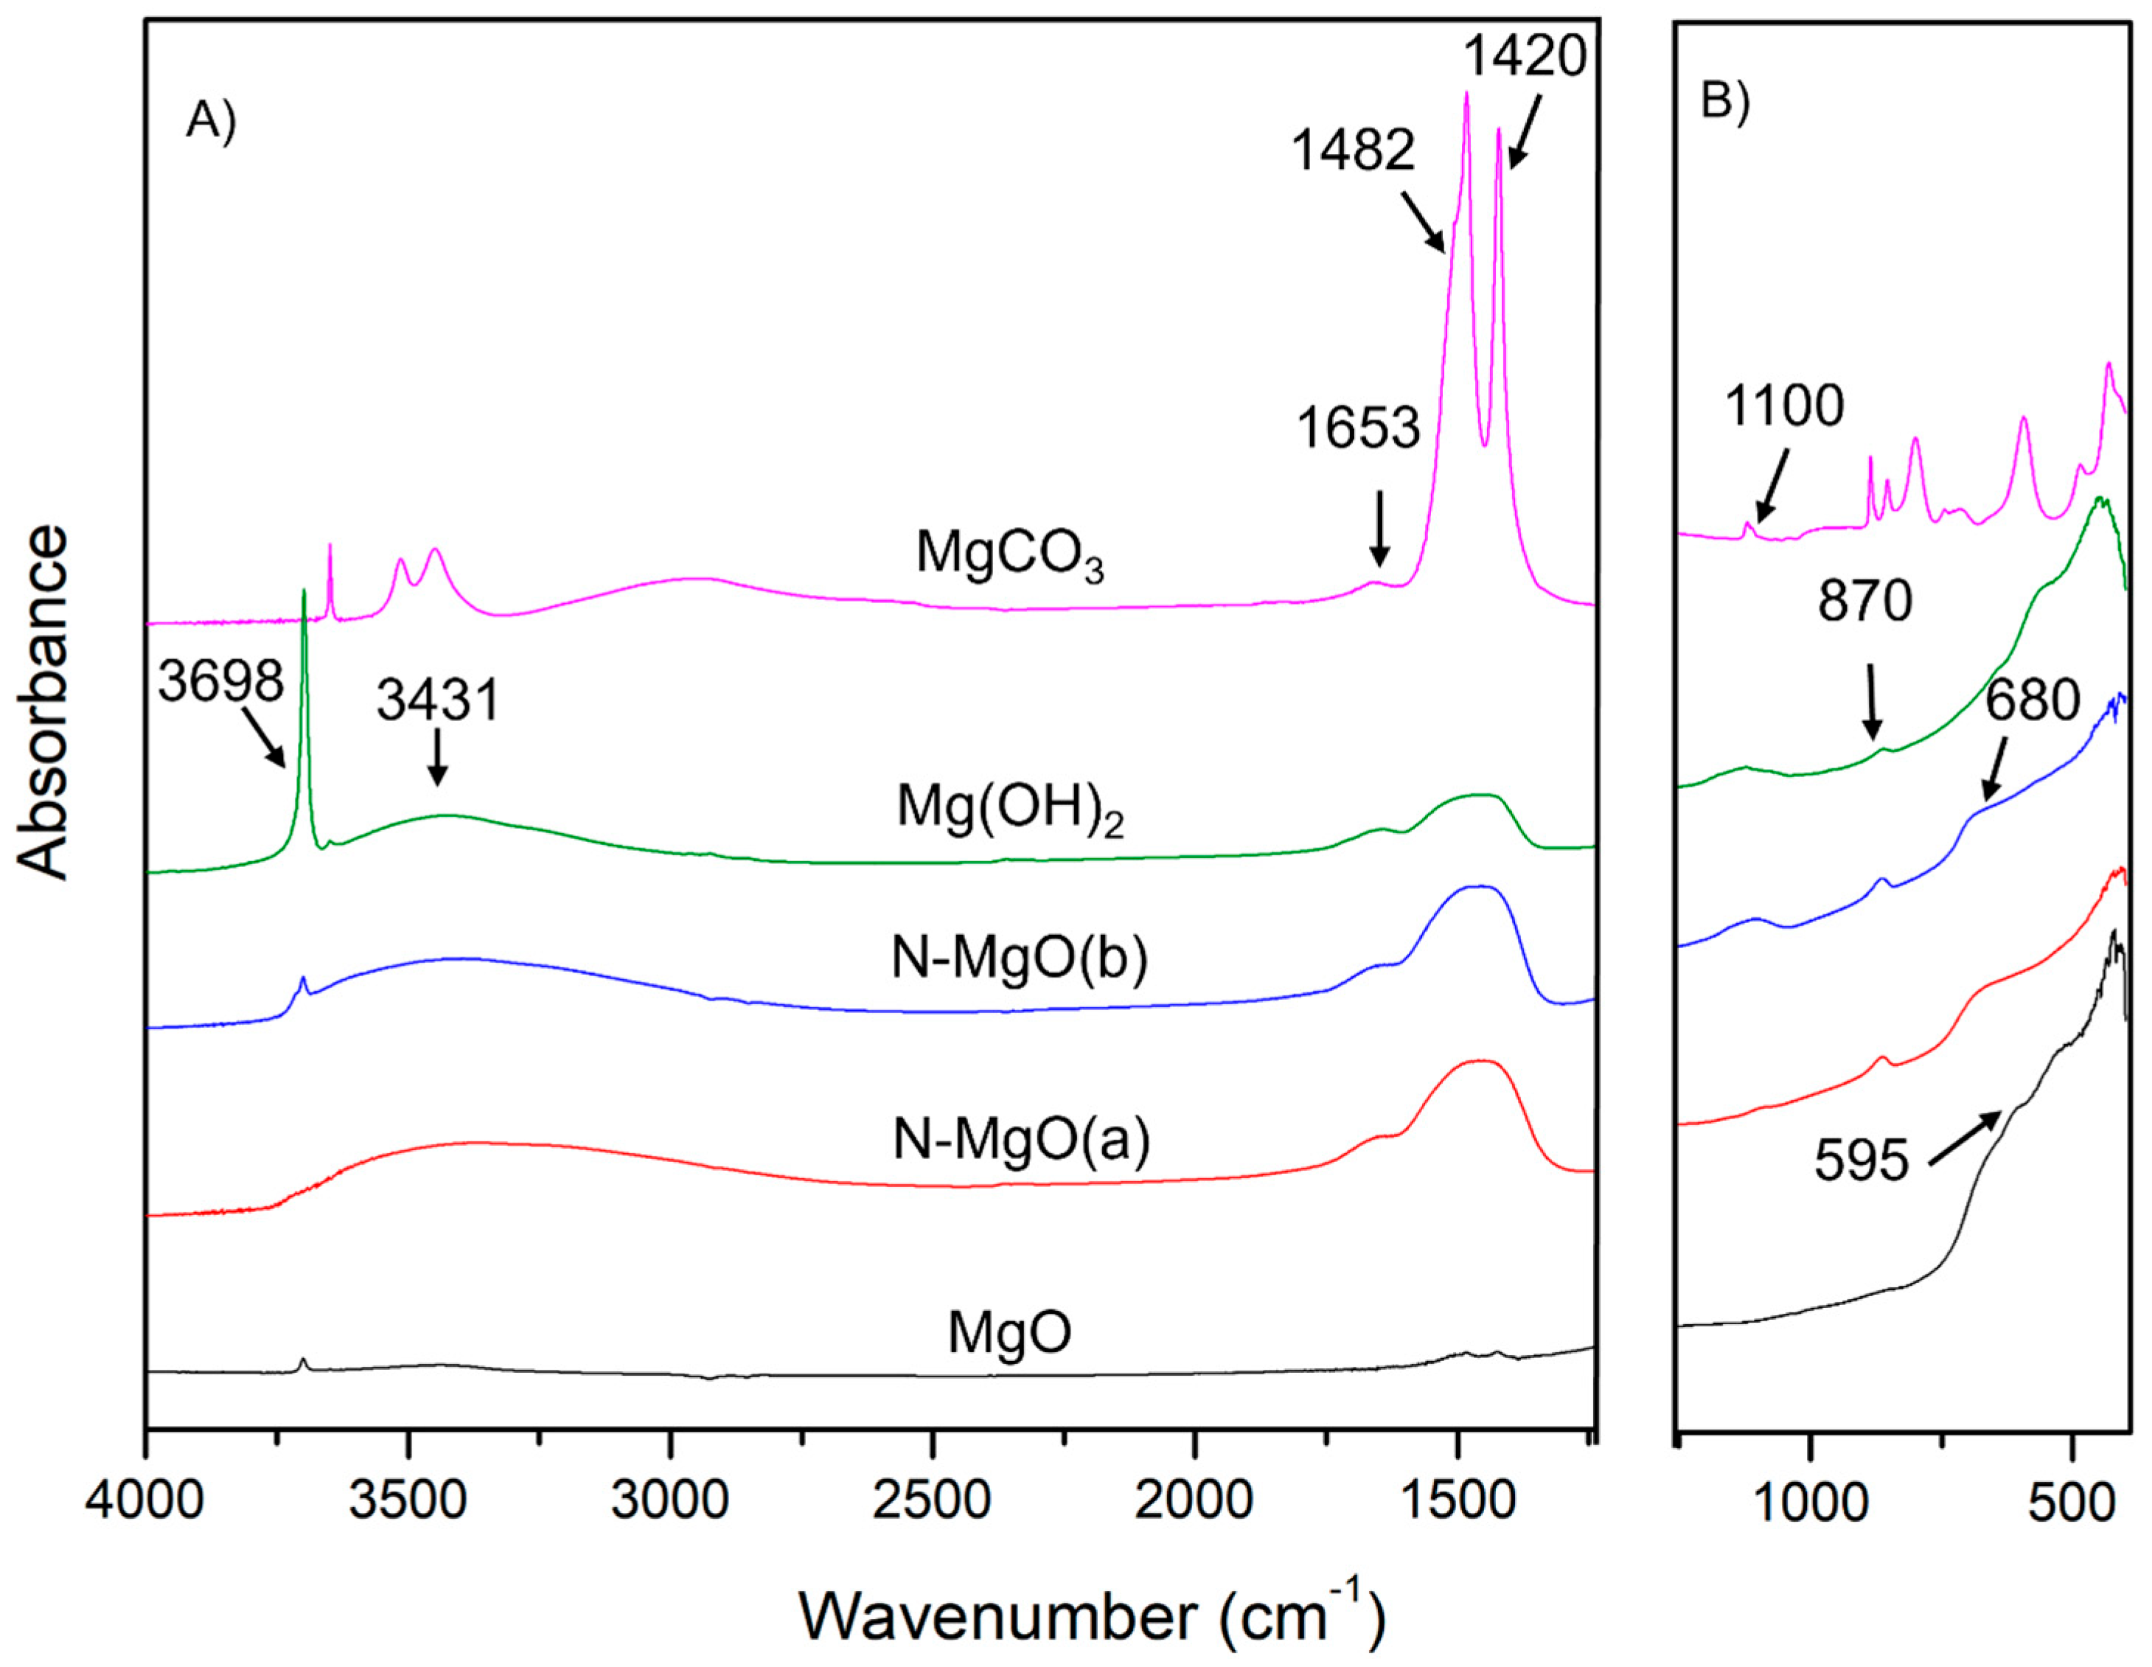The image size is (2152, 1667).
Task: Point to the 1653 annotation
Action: tap(1358, 428)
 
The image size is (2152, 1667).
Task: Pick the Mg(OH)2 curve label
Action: tap(1009, 810)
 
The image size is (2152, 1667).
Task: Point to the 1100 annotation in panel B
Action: tap(1783, 406)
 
